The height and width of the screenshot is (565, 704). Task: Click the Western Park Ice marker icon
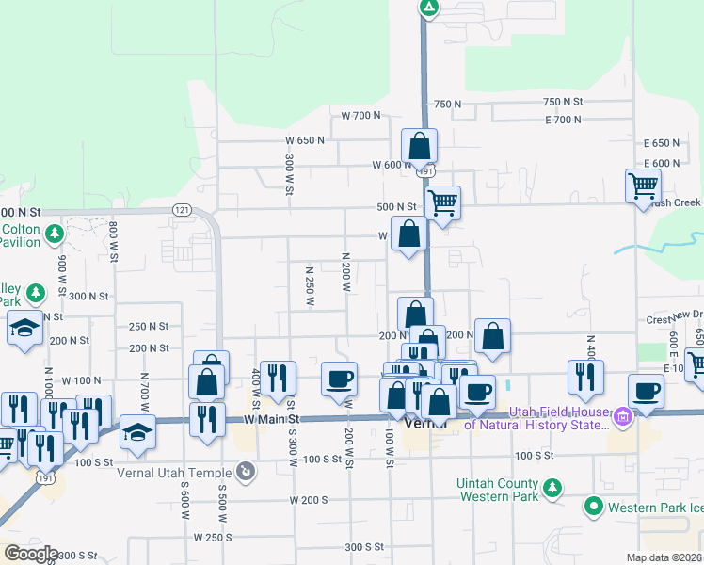click(593, 508)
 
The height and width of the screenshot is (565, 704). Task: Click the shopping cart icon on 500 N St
click(442, 201)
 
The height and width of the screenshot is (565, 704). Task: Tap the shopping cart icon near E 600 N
click(643, 185)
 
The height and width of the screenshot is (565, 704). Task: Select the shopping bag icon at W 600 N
click(420, 146)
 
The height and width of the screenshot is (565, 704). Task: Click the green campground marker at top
click(428, 8)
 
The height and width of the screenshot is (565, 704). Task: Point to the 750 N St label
click(564, 102)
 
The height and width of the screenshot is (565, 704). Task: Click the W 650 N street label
click(305, 140)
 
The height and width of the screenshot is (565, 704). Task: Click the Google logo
click(31, 554)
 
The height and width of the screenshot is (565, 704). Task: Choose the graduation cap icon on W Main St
click(137, 431)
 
